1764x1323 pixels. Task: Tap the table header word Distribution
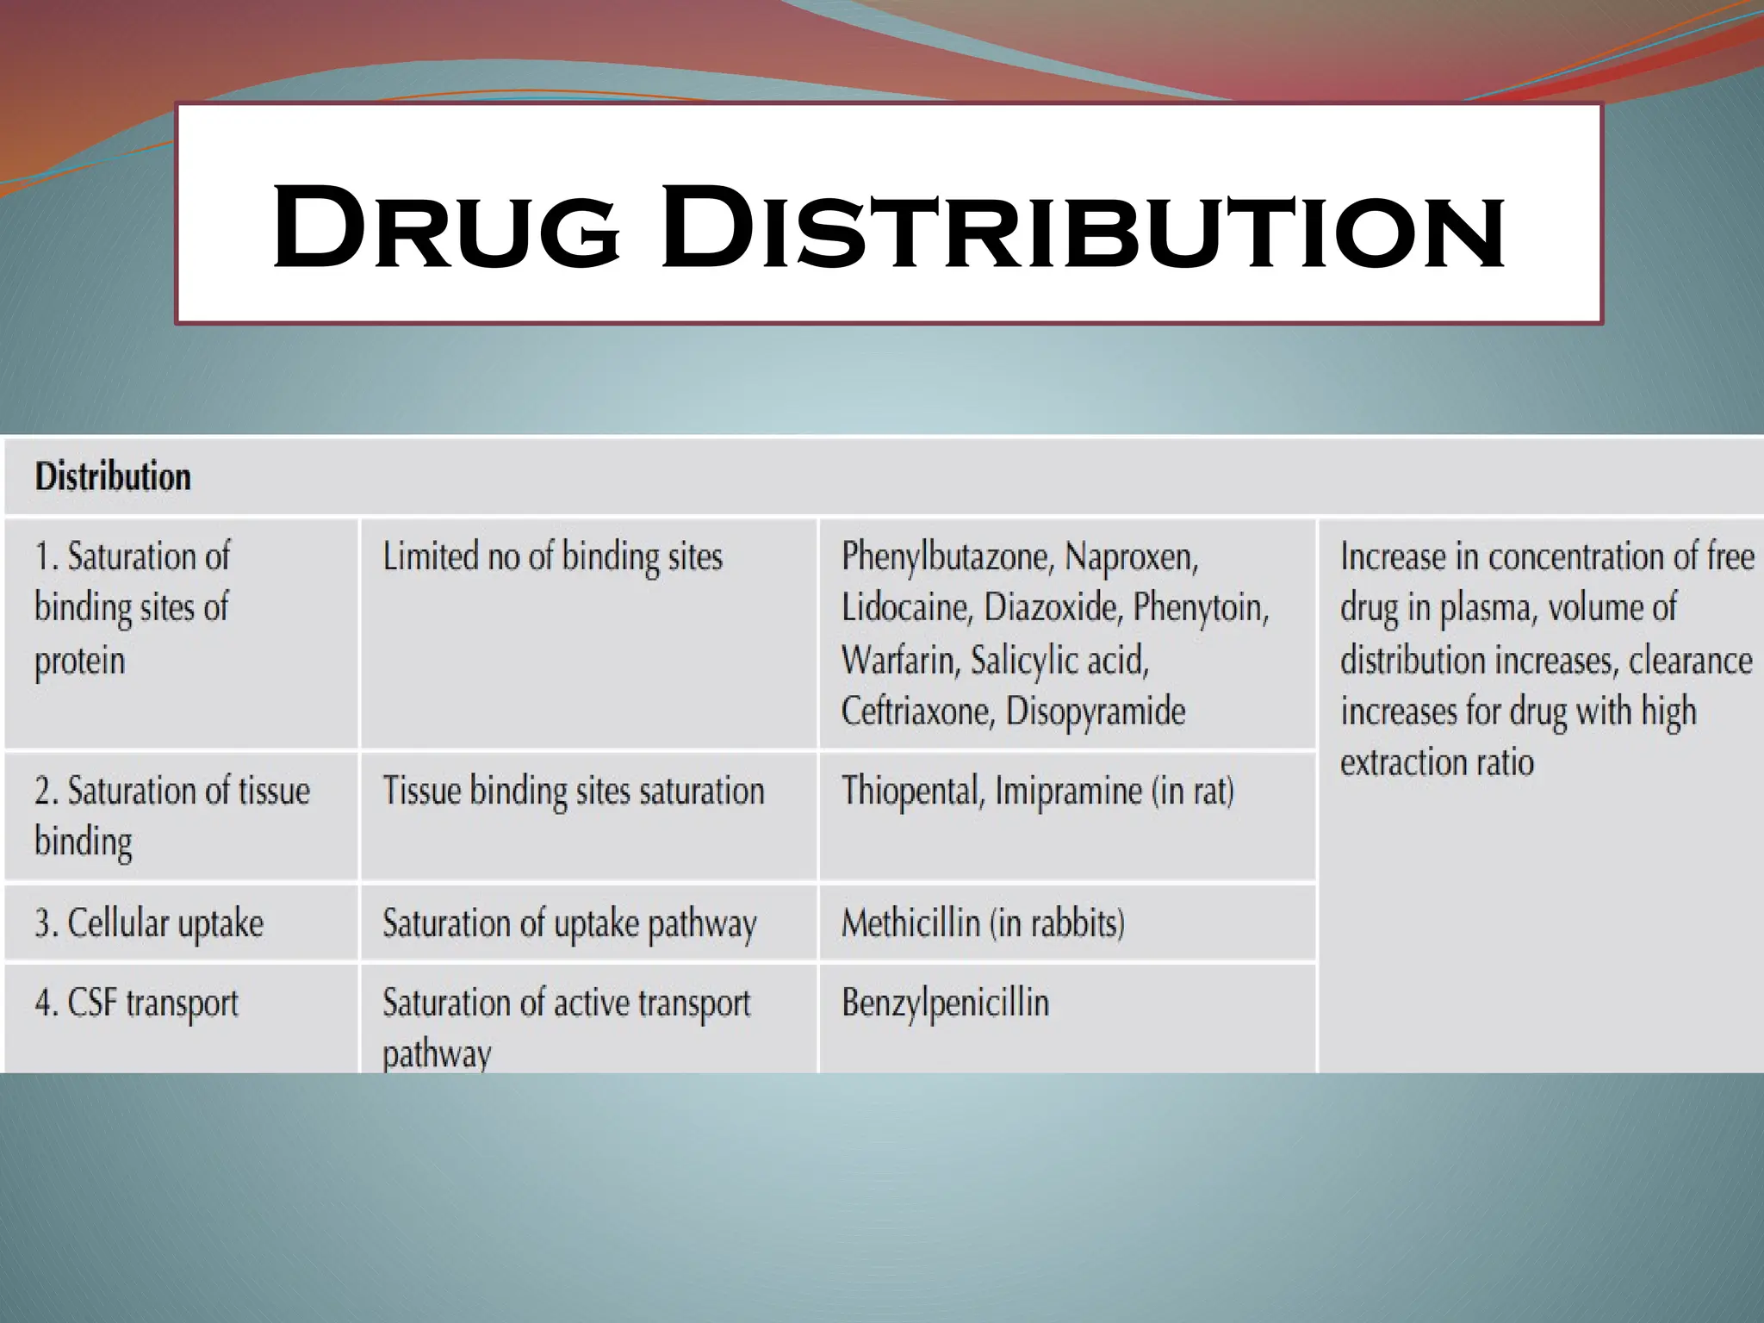113,476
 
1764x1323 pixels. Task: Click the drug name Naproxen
1131,557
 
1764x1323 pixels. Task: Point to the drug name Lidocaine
907,608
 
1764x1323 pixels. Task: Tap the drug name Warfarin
899,661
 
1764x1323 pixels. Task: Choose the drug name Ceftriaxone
918,711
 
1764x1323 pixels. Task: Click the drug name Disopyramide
1096,711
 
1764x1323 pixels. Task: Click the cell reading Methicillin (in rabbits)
983,923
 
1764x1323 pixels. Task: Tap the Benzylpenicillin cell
945,1003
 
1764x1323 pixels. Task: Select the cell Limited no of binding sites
552,556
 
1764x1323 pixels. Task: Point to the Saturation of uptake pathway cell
569,923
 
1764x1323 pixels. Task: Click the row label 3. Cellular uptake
149,923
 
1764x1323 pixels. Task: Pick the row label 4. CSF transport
136,1003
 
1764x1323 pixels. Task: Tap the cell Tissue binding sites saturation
573,791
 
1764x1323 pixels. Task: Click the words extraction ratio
1437,762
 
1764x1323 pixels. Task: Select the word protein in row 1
80,661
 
